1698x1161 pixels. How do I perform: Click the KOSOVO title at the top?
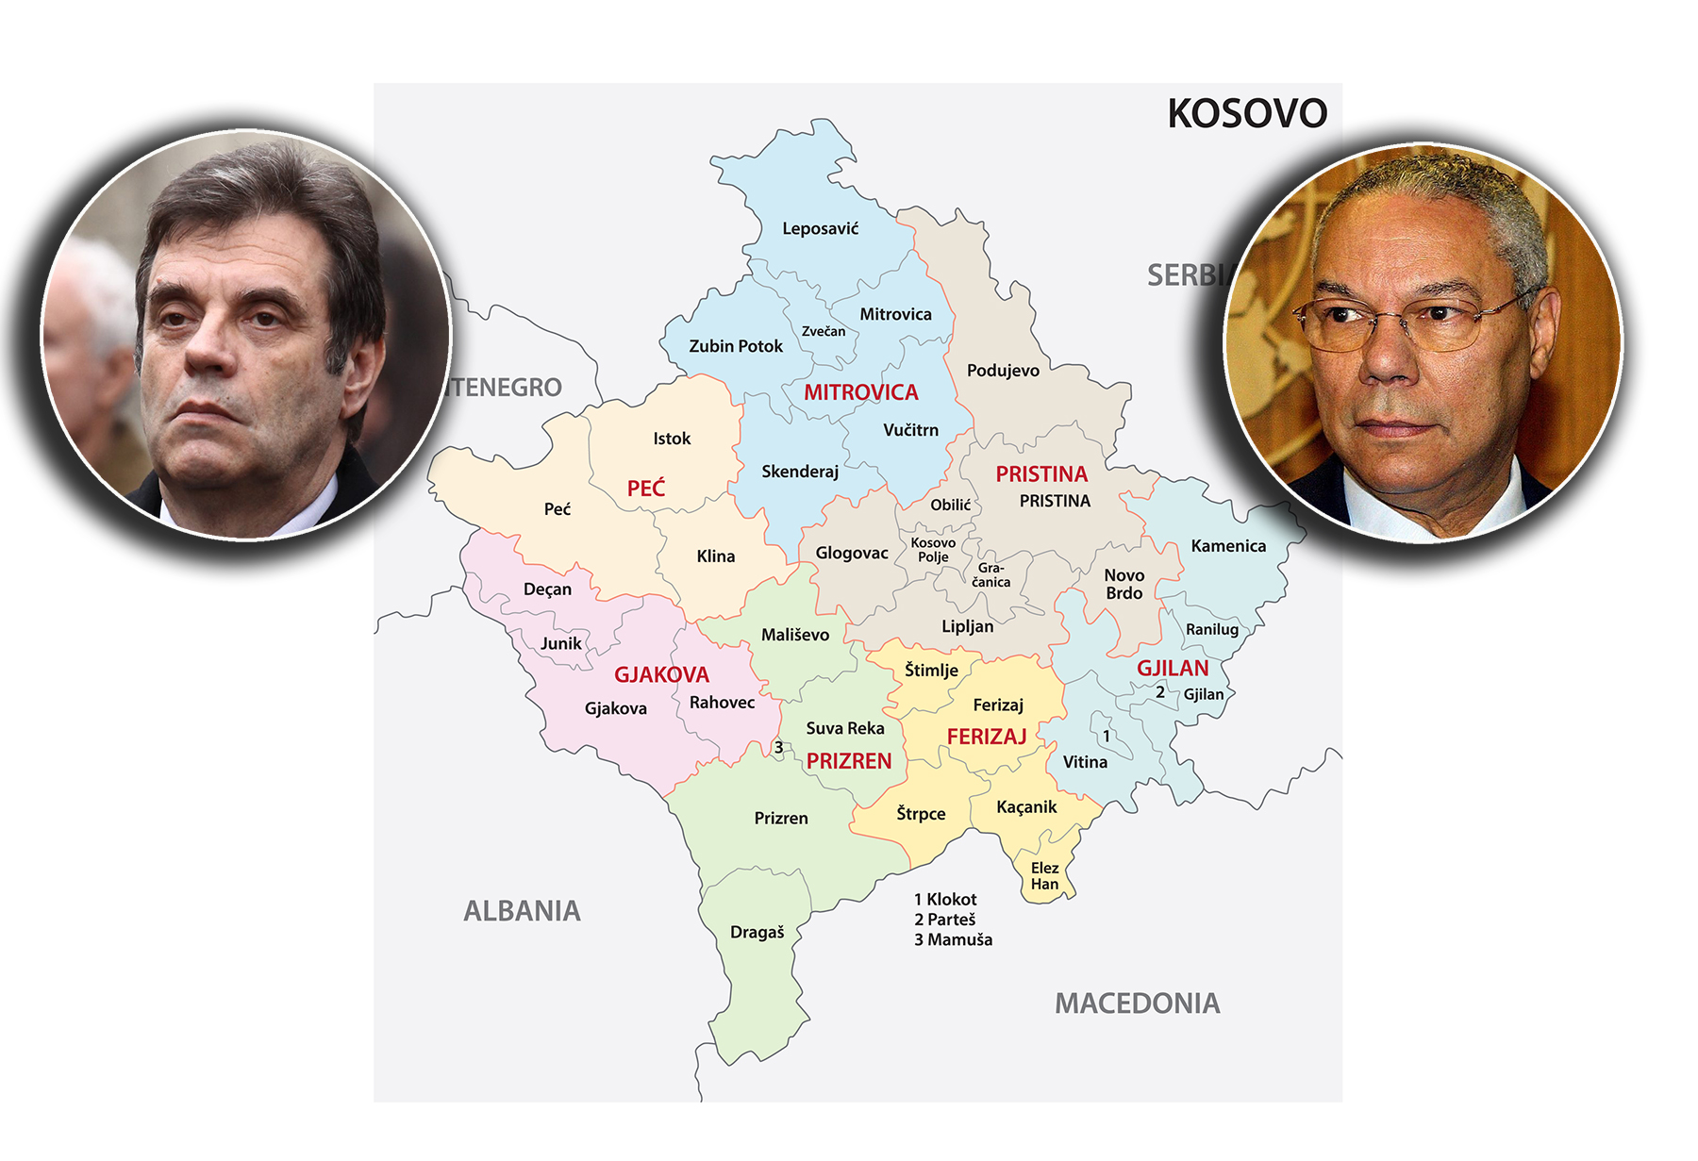(x=1246, y=114)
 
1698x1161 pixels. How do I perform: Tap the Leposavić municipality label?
(x=820, y=228)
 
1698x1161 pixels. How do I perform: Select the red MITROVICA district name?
(x=860, y=392)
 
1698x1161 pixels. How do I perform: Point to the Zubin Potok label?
(x=736, y=346)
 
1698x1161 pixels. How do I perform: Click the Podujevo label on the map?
(x=1003, y=371)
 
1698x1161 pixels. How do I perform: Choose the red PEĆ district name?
(x=646, y=489)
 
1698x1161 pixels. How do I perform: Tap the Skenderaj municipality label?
(x=800, y=472)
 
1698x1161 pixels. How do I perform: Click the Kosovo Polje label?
(x=933, y=550)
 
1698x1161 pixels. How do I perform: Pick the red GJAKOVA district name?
(x=661, y=675)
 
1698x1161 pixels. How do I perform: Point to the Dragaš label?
(x=757, y=932)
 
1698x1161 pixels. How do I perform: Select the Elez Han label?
(x=1044, y=876)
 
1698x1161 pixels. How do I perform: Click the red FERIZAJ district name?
(x=986, y=737)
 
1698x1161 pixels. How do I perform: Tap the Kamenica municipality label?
(x=1228, y=546)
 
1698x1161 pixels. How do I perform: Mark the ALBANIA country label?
(x=522, y=911)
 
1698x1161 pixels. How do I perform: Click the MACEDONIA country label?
(x=1137, y=1003)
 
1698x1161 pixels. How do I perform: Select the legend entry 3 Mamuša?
(x=953, y=939)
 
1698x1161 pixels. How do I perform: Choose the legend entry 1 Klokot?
(x=945, y=900)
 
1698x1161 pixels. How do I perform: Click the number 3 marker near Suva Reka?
(x=778, y=748)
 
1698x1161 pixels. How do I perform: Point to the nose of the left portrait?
(x=211, y=354)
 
